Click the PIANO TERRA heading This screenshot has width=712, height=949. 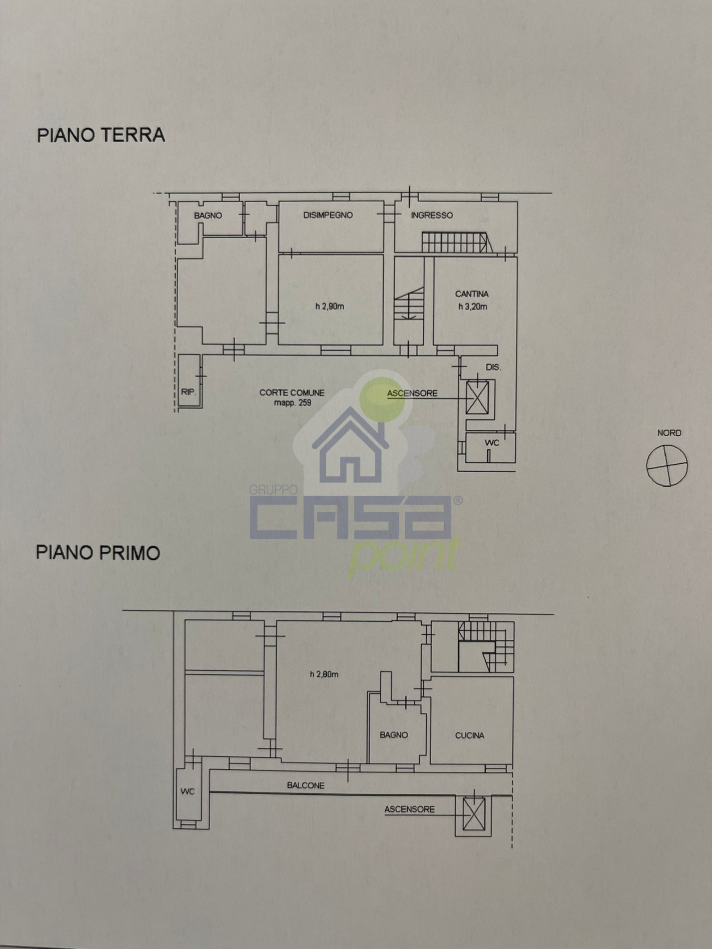pos(101,135)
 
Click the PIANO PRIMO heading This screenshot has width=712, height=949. pos(98,552)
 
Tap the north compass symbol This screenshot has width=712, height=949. pos(667,465)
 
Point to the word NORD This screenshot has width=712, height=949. pos(669,433)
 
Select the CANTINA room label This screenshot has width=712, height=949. pos(472,294)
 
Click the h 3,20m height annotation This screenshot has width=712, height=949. pos(472,307)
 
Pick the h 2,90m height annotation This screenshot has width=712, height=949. pos(329,307)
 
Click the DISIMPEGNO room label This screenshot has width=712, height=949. pos(328,215)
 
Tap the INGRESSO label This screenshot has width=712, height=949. pos(432,215)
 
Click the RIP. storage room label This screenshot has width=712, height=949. pos(189,391)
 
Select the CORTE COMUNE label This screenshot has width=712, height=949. pos(292,392)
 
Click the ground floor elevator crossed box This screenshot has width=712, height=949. pos(477,398)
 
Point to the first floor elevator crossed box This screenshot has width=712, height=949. pos(474,814)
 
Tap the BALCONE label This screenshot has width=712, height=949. pos(305,785)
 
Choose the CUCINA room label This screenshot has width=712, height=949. pos(470,735)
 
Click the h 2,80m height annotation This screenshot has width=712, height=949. pos(324,674)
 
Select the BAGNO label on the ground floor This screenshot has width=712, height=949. pos(208,215)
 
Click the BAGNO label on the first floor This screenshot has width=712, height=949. pos(394,735)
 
